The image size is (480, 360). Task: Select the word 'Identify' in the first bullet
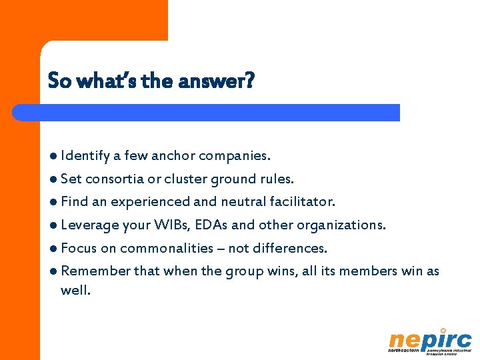pos(85,156)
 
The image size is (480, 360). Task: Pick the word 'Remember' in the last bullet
pos(95,271)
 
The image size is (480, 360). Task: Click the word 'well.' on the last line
pos(75,290)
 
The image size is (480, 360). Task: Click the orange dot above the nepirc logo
pos(443,329)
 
